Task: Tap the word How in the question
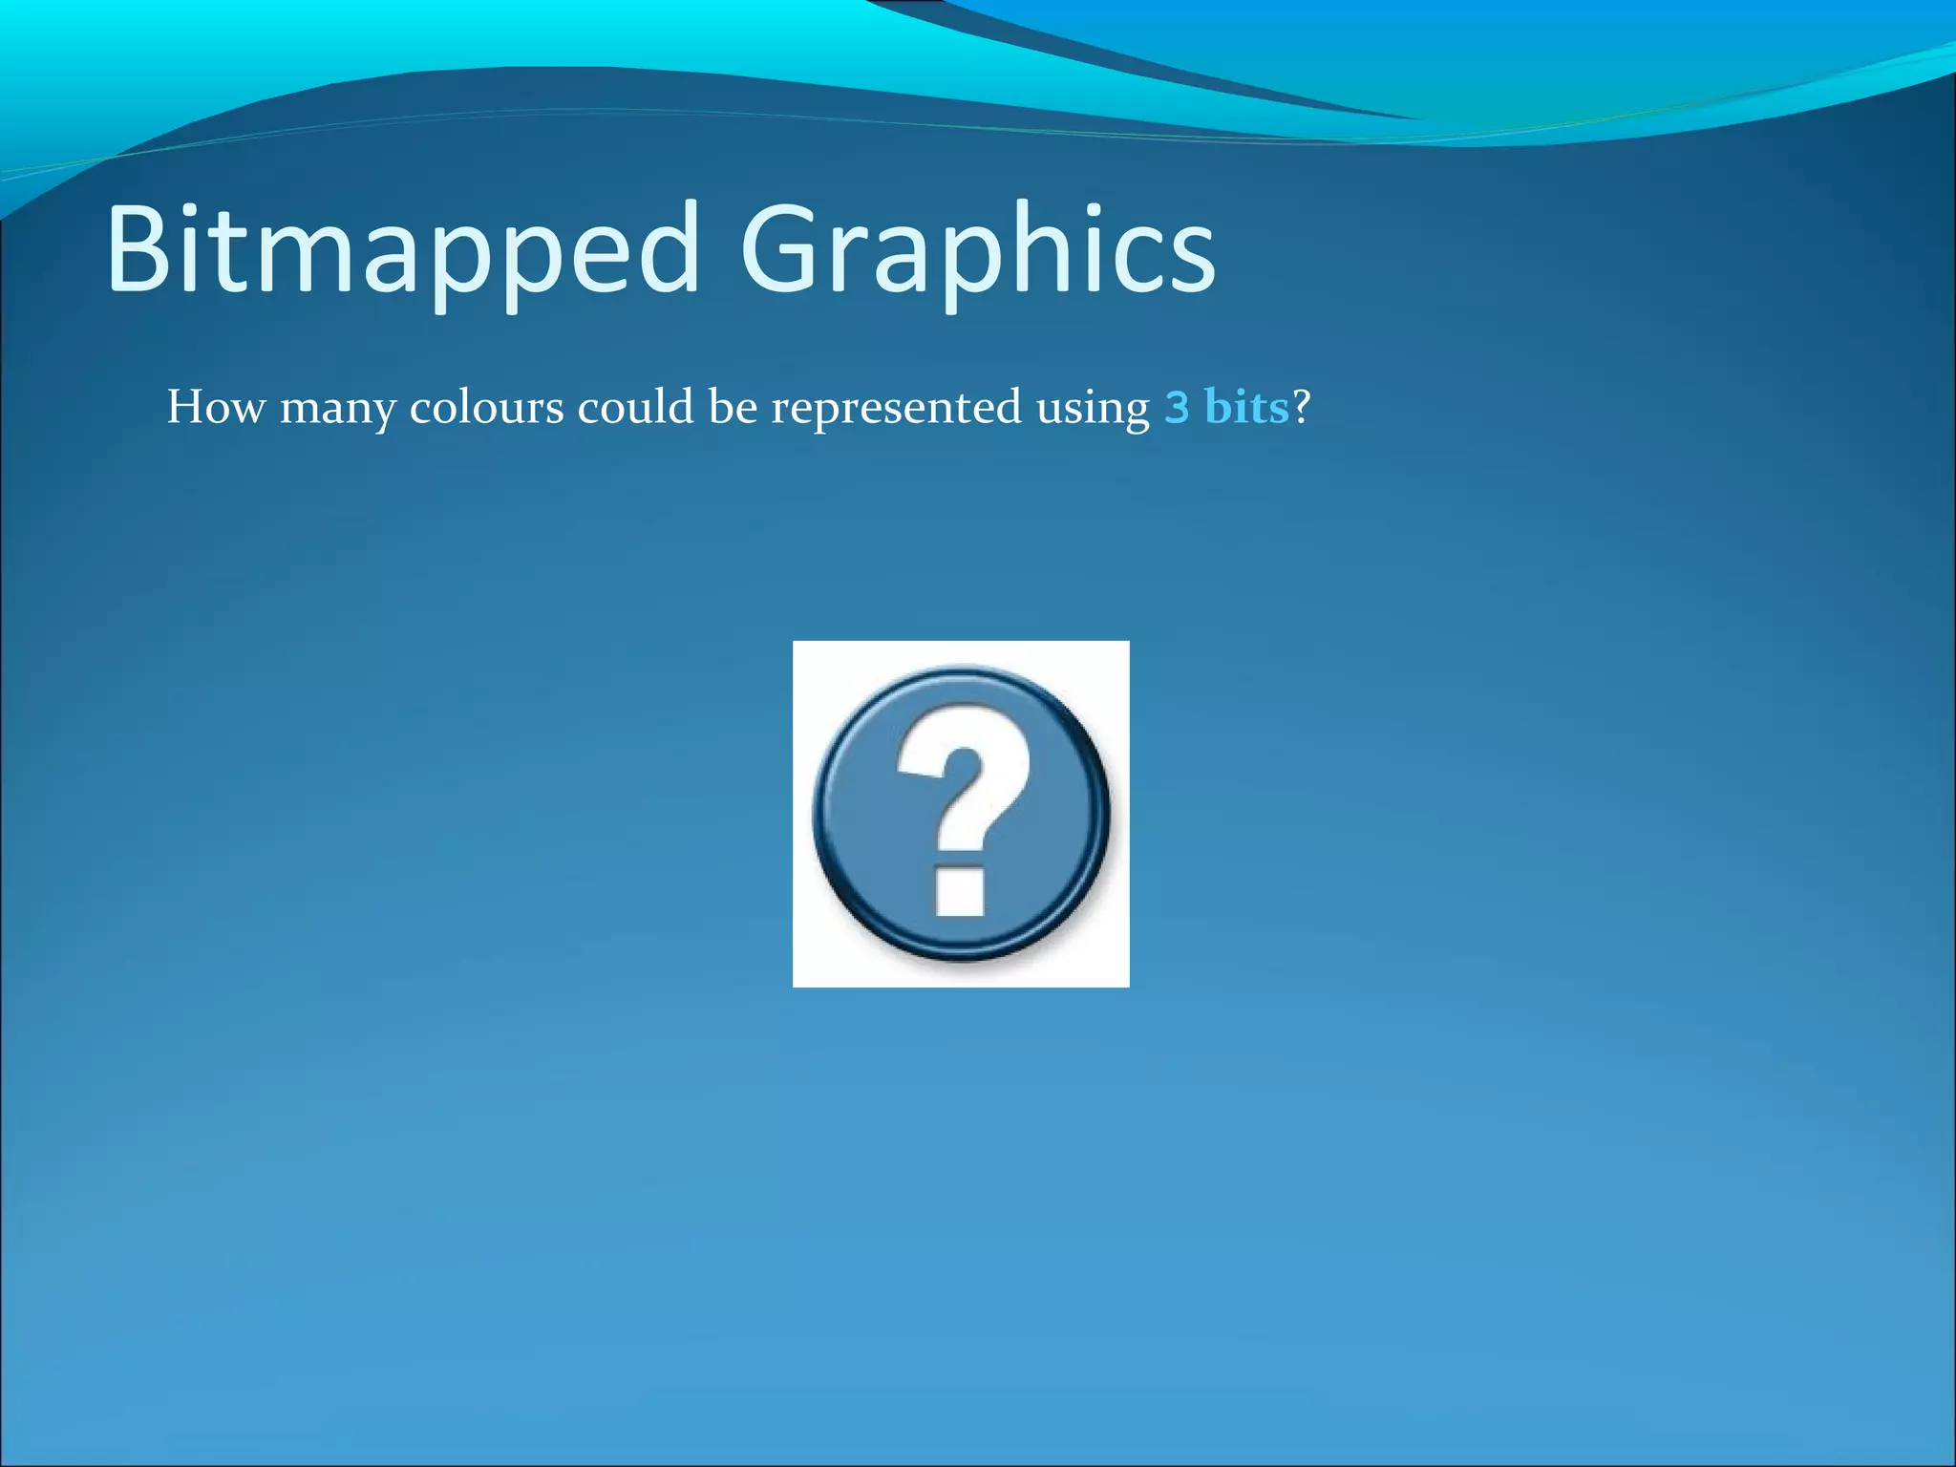point(216,408)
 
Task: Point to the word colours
point(486,408)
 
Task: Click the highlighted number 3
point(1177,408)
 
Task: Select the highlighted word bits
point(1246,408)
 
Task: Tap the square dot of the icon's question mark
point(960,891)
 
